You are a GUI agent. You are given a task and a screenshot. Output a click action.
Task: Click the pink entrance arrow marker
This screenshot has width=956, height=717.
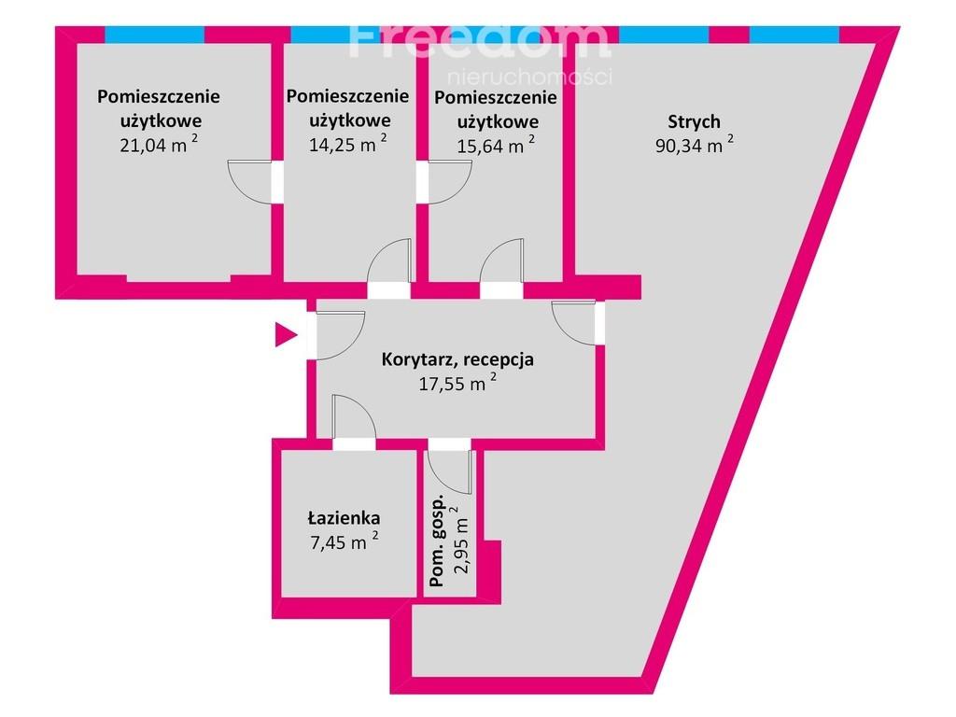pos(285,335)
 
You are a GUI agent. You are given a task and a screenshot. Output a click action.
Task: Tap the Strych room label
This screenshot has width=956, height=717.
pos(694,122)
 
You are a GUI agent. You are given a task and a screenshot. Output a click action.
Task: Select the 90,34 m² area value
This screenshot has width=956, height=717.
pos(695,145)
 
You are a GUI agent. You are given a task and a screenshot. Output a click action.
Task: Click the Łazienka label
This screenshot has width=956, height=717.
pos(344,518)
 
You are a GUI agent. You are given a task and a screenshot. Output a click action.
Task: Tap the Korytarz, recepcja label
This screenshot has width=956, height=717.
pos(457,359)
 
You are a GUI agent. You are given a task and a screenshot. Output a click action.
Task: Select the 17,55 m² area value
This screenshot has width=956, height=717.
pos(457,383)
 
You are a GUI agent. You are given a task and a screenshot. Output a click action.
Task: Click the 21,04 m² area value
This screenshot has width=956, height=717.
pos(159,145)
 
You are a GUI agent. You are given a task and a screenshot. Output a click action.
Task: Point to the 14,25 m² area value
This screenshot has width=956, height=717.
pos(347,144)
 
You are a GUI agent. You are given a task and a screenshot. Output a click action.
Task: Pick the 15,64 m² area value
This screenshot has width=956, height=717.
pos(496,145)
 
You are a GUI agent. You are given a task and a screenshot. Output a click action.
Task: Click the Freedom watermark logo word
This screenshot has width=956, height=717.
pos(479,40)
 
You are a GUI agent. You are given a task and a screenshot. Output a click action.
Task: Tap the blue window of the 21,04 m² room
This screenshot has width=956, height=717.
pos(155,35)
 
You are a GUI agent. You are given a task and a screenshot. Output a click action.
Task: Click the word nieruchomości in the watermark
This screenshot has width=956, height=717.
pos(530,77)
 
